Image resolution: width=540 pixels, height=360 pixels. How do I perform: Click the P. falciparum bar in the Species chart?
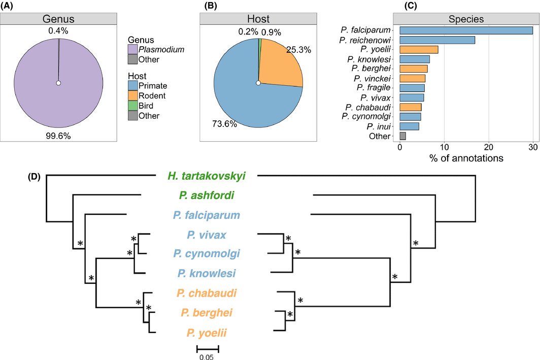(x=466, y=30)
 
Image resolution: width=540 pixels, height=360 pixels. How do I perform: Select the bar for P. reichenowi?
(x=437, y=40)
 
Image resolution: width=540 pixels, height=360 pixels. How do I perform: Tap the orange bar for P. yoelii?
(x=419, y=50)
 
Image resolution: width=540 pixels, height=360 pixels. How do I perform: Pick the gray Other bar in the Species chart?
(x=402, y=136)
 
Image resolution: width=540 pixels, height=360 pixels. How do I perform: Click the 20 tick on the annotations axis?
(x=488, y=147)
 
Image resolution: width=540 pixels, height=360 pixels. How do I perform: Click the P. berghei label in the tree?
(x=206, y=312)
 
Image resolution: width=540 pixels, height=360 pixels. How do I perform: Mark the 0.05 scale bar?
(x=207, y=349)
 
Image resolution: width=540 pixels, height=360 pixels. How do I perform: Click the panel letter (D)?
(x=35, y=178)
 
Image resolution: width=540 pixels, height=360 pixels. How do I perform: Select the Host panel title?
(x=258, y=19)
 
